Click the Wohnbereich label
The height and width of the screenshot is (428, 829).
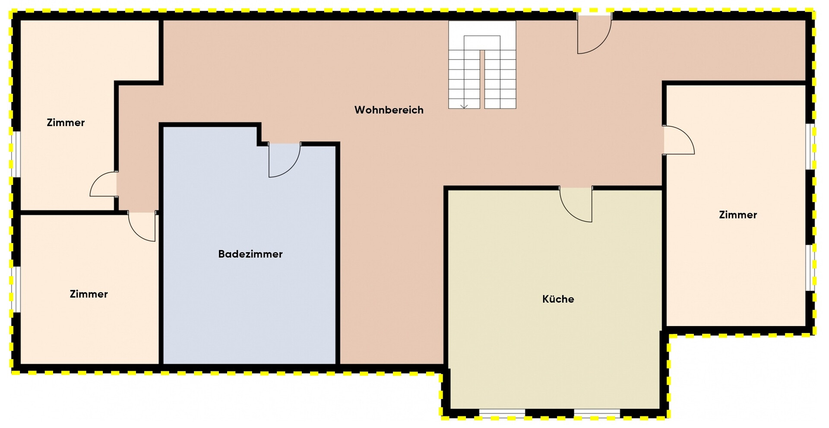pyautogui.click(x=389, y=110)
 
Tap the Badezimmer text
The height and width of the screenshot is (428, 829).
pyautogui.click(x=250, y=254)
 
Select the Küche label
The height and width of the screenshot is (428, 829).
pyautogui.click(x=558, y=299)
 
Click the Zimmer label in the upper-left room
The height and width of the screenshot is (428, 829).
pyautogui.click(x=66, y=123)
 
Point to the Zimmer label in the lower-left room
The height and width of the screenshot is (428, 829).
pyautogui.click(x=89, y=294)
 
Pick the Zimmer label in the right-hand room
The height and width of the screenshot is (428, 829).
pyautogui.click(x=738, y=215)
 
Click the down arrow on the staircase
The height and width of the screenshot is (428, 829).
pyautogui.click(x=464, y=105)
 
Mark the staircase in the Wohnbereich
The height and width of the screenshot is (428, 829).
pyautogui.click(x=482, y=65)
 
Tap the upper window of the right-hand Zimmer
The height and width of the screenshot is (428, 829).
pyautogui.click(x=810, y=147)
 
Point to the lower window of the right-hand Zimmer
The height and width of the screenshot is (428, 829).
pyautogui.click(x=810, y=268)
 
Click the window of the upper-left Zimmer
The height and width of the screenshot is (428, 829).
pyautogui.click(x=16, y=154)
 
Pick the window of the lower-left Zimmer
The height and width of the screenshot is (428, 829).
pyautogui.click(x=16, y=289)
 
